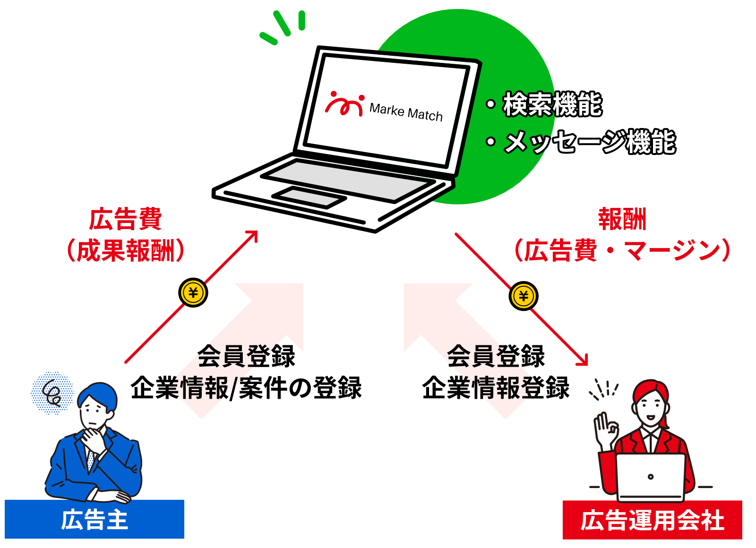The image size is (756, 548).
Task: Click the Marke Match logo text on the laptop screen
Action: [406, 112]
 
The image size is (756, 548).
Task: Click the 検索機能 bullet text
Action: [552, 104]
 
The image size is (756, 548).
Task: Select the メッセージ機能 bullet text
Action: [589, 142]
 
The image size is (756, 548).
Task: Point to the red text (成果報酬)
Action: [126, 250]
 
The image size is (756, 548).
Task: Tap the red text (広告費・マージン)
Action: [622, 250]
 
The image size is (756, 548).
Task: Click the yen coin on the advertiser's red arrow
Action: [193, 293]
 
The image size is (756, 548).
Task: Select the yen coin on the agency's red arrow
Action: [524, 296]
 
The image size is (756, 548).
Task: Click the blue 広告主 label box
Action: [94, 519]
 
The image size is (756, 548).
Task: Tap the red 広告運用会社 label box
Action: [652, 520]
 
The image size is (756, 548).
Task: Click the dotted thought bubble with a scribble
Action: [52, 393]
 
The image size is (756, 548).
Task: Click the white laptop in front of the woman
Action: [651, 476]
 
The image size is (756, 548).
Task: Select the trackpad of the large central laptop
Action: [309, 197]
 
